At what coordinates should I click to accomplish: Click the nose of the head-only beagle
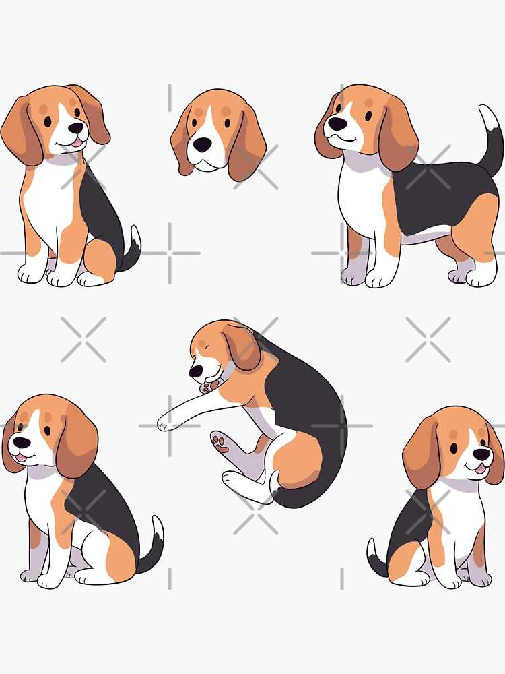tap(203, 144)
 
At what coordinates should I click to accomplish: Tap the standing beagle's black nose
tap(337, 124)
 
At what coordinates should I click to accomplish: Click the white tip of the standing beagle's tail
tap(489, 117)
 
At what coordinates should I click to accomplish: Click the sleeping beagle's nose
tap(195, 371)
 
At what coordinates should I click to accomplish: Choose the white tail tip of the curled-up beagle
tap(275, 482)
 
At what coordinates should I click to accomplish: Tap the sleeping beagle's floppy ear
tap(242, 347)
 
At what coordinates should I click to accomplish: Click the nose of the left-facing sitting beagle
tap(22, 443)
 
